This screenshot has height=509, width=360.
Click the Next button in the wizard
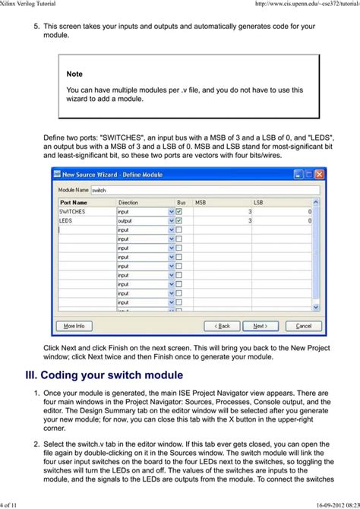point(260,326)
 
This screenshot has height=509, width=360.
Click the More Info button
point(74,326)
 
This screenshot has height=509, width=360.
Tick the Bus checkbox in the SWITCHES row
point(178,212)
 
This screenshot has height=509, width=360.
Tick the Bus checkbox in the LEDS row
point(178,220)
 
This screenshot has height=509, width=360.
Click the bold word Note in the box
point(74,74)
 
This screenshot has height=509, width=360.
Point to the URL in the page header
point(304,5)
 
